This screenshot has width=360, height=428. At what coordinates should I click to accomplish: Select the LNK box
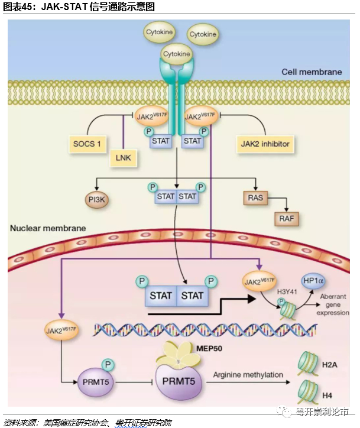(x=122, y=157)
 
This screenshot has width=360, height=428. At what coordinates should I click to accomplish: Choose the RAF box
(x=286, y=219)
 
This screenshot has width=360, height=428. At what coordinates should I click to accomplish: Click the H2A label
(x=329, y=365)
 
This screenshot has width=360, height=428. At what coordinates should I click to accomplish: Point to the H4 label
(x=327, y=394)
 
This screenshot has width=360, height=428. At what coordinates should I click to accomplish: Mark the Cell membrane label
(x=312, y=72)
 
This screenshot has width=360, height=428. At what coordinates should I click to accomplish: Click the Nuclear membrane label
(x=47, y=228)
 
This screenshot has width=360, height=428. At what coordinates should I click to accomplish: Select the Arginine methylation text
(x=248, y=375)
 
